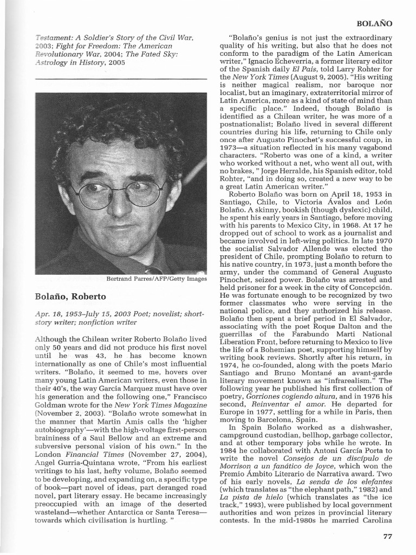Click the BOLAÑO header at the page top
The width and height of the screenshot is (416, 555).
click(374, 24)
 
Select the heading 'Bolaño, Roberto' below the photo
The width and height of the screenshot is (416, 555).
click(70, 296)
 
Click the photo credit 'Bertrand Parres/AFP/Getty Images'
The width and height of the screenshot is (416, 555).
click(157, 279)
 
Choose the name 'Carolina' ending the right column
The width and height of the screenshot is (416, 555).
click(373, 519)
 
